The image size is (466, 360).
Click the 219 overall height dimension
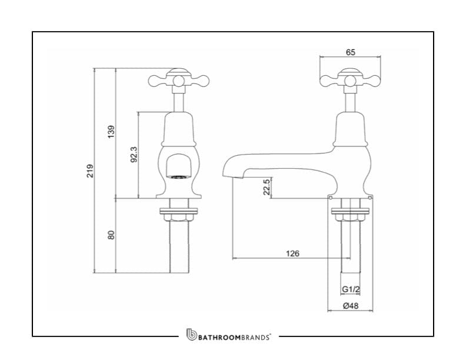point(90,171)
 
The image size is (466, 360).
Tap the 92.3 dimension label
point(134,155)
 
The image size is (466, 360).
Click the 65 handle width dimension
point(351,52)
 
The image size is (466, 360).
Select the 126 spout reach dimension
point(292,254)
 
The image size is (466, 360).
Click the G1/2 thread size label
point(351,290)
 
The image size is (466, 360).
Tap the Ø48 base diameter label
point(351,305)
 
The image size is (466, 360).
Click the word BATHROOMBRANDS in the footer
point(234,337)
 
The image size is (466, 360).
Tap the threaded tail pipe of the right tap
point(351,247)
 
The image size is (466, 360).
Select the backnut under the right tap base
point(351,216)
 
